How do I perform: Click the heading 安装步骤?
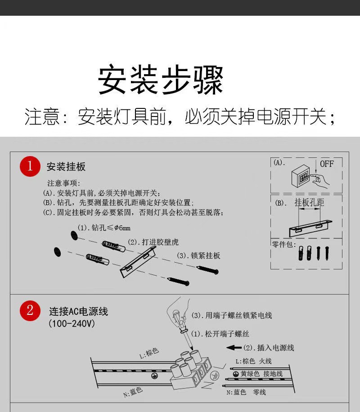(161, 81)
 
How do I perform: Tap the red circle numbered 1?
(30, 166)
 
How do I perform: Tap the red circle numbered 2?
(30, 311)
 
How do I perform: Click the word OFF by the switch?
(327, 164)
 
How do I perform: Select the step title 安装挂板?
(66, 167)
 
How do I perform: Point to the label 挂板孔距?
(309, 203)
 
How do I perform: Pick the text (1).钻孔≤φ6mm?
(103, 228)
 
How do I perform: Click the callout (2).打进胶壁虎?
(153, 242)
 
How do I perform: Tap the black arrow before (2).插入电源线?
(234, 348)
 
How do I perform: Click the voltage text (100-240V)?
(72, 324)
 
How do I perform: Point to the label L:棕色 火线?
(253, 361)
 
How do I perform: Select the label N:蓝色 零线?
(246, 392)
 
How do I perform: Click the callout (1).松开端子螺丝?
(220, 334)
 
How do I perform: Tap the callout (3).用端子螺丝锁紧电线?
(232, 315)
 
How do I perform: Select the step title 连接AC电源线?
(79, 312)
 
